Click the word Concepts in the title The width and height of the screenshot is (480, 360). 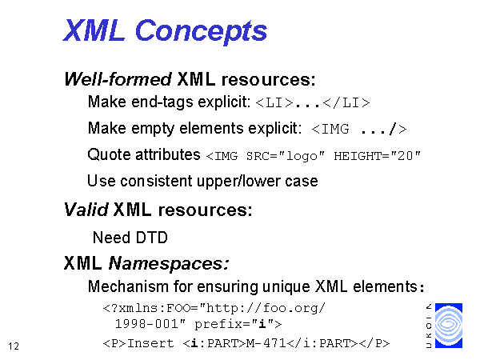click(x=201, y=31)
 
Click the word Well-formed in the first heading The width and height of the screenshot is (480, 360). click(x=118, y=79)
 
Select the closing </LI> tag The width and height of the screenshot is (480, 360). click(x=346, y=103)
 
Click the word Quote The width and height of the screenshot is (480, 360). click(x=109, y=154)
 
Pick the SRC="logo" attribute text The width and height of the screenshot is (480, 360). click(x=286, y=156)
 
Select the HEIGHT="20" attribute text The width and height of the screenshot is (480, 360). click(x=377, y=156)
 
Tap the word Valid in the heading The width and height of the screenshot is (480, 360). click(x=86, y=210)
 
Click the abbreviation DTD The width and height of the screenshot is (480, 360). click(x=151, y=238)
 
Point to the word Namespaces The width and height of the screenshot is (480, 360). click(x=169, y=263)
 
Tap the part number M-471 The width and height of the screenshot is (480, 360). click(x=266, y=343)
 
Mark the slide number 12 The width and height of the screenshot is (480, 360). click(x=14, y=346)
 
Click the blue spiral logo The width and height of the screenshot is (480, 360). click(x=449, y=326)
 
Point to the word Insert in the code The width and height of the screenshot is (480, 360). click(x=150, y=343)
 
